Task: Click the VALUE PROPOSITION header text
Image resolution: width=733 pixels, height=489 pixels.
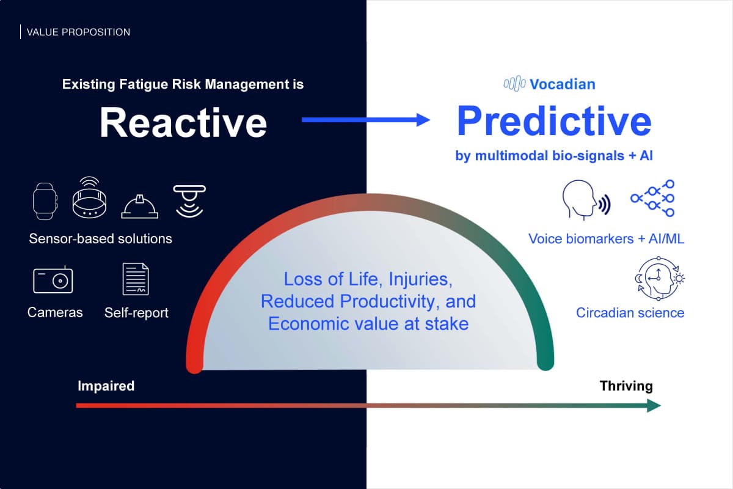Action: [78, 32]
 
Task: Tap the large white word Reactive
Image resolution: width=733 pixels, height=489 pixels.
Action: [183, 122]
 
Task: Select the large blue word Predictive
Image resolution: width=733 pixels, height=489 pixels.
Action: [554, 121]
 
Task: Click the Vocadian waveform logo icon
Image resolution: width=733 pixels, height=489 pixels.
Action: [514, 84]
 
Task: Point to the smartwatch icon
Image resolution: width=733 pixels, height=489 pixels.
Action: [45, 201]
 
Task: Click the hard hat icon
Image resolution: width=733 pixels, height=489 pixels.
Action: [140, 207]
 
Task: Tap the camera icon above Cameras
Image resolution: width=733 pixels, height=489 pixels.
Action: [53, 279]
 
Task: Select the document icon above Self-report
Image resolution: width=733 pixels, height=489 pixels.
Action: [136, 279]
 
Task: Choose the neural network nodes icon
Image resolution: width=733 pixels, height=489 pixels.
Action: [652, 198]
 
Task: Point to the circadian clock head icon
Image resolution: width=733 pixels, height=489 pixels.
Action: [660, 278]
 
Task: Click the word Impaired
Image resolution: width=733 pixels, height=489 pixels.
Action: [106, 386]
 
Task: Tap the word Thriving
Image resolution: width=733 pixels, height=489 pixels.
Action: [626, 386]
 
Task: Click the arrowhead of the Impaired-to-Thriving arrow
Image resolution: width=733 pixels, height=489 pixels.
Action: [654, 405]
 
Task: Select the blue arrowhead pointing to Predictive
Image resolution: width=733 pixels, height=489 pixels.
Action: [423, 120]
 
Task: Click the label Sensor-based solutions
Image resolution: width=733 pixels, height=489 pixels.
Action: [100, 239]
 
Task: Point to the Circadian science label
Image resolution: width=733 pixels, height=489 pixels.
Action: [630, 313]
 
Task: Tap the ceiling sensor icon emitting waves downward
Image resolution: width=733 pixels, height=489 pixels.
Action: [189, 201]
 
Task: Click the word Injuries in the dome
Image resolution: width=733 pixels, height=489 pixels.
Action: [420, 279]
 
